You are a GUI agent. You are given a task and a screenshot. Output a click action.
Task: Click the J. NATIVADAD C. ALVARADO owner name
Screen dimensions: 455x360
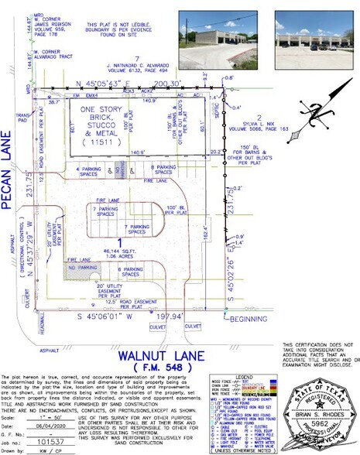coord(150,64)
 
